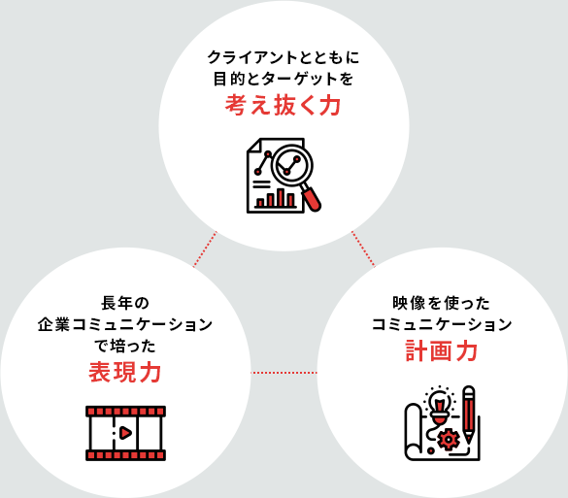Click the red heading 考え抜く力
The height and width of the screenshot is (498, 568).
click(283, 105)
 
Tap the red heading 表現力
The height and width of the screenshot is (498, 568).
click(125, 372)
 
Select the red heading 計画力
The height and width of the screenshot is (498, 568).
click(441, 350)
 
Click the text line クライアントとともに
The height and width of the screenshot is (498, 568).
click(284, 57)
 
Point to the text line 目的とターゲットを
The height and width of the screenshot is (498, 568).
click(284, 79)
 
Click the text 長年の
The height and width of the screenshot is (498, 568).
click(125, 303)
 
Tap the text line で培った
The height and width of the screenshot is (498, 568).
click(125, 346)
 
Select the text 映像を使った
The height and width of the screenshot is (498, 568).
click(441, 303)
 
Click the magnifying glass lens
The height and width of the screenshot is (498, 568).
click(291, 164)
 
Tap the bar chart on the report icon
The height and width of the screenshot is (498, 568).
click(276, 198)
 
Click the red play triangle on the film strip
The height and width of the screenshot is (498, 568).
click(125, 433)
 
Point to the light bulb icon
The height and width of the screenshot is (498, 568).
click(440, 404)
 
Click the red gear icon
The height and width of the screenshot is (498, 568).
click(449, 440)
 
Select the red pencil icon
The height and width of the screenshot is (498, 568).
click(469, 414)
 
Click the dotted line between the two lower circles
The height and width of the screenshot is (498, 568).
click(284, 373)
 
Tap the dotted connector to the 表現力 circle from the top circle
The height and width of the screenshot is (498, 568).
click(205, 249)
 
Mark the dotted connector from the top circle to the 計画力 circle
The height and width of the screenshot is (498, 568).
click(363, 249)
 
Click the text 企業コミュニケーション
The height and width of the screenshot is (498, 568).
click(125, 324)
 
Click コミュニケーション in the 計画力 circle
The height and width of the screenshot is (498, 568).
click(442, 324)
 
